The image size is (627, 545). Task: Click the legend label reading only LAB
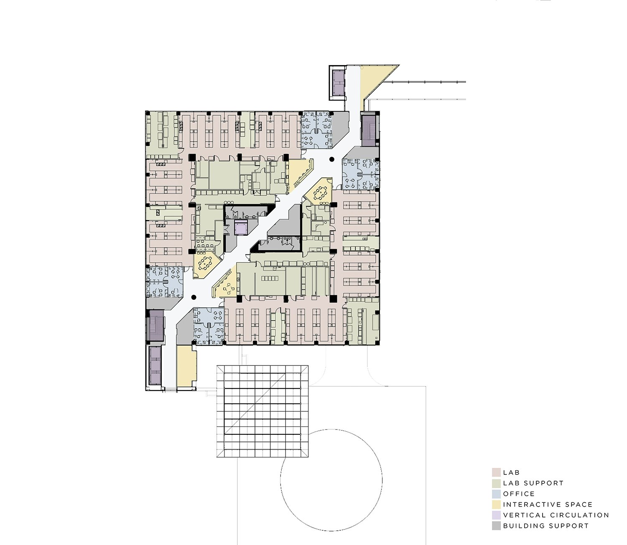point(511,472)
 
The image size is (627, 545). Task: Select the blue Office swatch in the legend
point(496,494)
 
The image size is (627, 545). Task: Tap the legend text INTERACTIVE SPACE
point(548,504)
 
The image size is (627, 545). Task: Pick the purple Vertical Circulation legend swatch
point(496,515)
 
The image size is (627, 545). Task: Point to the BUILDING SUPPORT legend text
point(545,526)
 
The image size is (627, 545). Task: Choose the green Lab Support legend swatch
point(496,483)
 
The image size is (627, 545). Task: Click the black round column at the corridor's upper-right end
point(332,159)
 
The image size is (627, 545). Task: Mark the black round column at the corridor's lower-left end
point(194,297)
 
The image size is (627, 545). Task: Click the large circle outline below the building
point(331,480)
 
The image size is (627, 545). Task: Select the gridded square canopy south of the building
point(263,411)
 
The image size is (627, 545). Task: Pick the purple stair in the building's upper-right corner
point(370,129)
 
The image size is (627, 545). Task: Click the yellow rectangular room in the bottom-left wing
point(186,366)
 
